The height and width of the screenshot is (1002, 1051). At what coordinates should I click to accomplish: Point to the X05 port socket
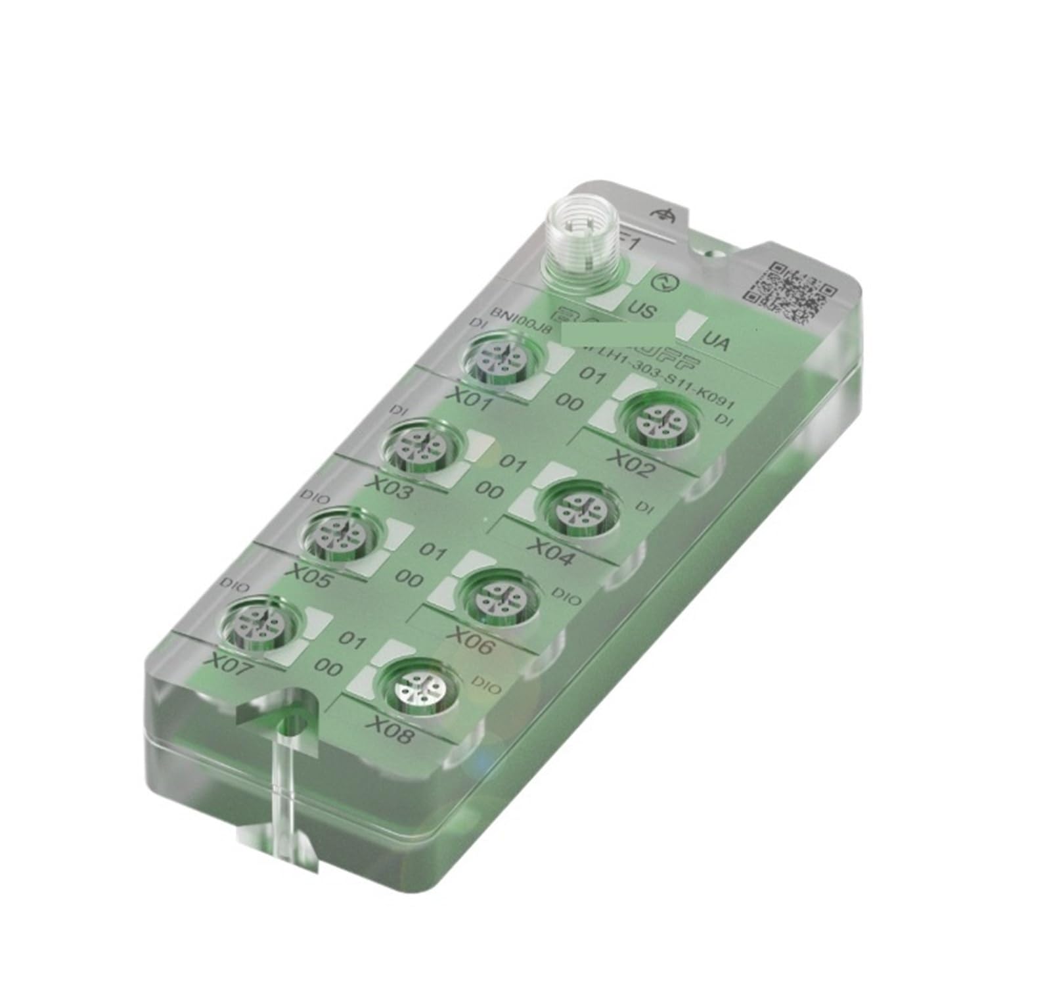coord(340,534)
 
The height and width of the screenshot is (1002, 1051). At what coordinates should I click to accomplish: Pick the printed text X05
coord(311,575)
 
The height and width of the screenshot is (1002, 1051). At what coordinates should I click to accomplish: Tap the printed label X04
coord(552,553)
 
